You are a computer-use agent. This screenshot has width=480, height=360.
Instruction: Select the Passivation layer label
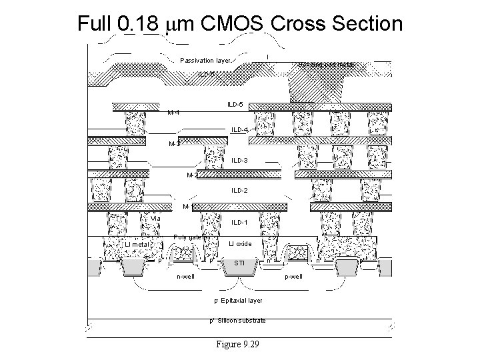(205, 61)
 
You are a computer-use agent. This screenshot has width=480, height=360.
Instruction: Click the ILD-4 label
(240, 129)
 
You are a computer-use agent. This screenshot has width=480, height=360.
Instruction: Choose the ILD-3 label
(240, 161)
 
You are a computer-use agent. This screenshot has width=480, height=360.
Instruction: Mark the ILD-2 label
(240, 191)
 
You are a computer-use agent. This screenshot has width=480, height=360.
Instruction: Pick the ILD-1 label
(240, 222)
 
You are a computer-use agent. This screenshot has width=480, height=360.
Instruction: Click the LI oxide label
(240, 244)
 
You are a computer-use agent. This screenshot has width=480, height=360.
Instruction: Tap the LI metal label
(137, 245)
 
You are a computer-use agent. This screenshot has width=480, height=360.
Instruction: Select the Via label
(155, 219)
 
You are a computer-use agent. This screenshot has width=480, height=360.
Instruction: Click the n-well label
(185, 277)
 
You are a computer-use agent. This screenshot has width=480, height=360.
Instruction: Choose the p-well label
(293, 277)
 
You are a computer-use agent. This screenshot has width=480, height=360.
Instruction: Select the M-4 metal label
(173, 112)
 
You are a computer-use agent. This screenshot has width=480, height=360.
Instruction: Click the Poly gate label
(191, 237)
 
